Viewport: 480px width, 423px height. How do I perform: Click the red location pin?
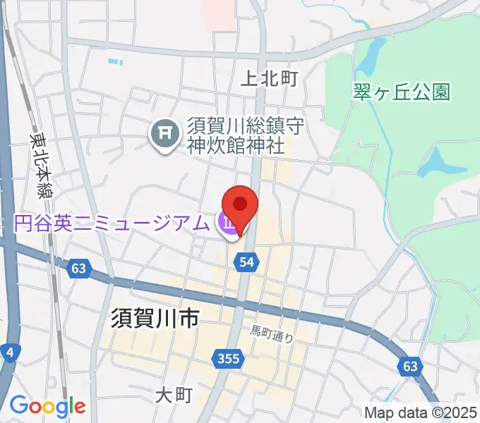coord(240,206)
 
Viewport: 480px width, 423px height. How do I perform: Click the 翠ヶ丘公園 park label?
coord(402,92)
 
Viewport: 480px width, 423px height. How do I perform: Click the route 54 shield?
coord(246,262)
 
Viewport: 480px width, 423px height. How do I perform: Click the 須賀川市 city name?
coord(154,319)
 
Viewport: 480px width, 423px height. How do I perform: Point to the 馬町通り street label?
coord(272,330)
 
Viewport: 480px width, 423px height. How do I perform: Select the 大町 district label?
coord(173,396)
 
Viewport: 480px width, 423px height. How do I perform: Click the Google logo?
coord(47,407)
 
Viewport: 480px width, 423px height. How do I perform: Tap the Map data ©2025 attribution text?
coord(420,412)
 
